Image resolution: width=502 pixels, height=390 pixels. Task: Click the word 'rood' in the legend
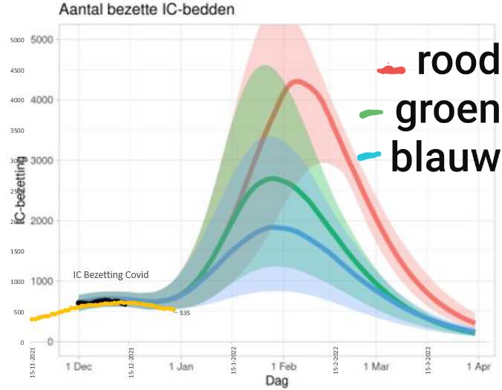(x=457, y=62)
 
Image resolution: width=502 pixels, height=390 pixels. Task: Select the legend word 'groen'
(x=447, y=111)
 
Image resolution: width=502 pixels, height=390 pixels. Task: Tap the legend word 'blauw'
(x=445, y=157)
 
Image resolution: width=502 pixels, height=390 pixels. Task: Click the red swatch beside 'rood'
(x=391, y=70)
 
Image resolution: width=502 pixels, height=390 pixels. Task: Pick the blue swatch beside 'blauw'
(x=369, y=156)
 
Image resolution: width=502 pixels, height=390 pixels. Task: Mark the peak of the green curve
(x=275, y=178)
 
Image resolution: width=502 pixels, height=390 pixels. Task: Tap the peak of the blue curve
(x=275, y=227)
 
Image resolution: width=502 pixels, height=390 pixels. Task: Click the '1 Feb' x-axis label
(x=283, y=366)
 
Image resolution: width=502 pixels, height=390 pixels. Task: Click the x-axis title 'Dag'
(x=276, y=380)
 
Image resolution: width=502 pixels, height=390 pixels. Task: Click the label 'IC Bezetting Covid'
(x=111, y=274)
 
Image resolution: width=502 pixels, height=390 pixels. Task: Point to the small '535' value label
(x=185, y=313)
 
